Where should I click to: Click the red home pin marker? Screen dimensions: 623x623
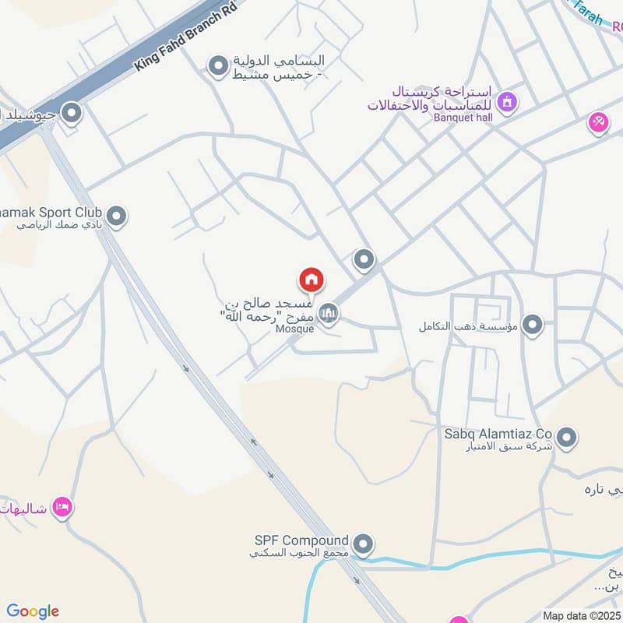(311, 280)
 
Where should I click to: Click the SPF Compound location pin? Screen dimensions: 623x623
(363, 543)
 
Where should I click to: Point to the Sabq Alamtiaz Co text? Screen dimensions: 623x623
(498, 433)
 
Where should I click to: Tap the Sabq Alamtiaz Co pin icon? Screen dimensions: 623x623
(567, 438)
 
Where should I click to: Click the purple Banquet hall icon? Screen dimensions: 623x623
(508, 102)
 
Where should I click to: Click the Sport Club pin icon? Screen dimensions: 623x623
(117, 216)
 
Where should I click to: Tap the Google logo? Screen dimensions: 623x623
(33, 611)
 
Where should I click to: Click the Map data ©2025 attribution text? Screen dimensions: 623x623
(582, 615)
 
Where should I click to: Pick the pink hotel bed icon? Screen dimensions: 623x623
(62, 508)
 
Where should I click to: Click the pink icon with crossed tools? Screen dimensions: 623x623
(598, 122)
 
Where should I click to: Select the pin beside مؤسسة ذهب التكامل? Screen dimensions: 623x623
(533, 324)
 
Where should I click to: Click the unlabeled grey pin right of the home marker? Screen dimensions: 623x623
(364, 259)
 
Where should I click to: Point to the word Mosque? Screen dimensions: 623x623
(295, 329)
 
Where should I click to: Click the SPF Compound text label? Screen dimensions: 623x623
(301, 540)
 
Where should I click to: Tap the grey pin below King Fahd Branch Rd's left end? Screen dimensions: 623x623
(72, 114)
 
